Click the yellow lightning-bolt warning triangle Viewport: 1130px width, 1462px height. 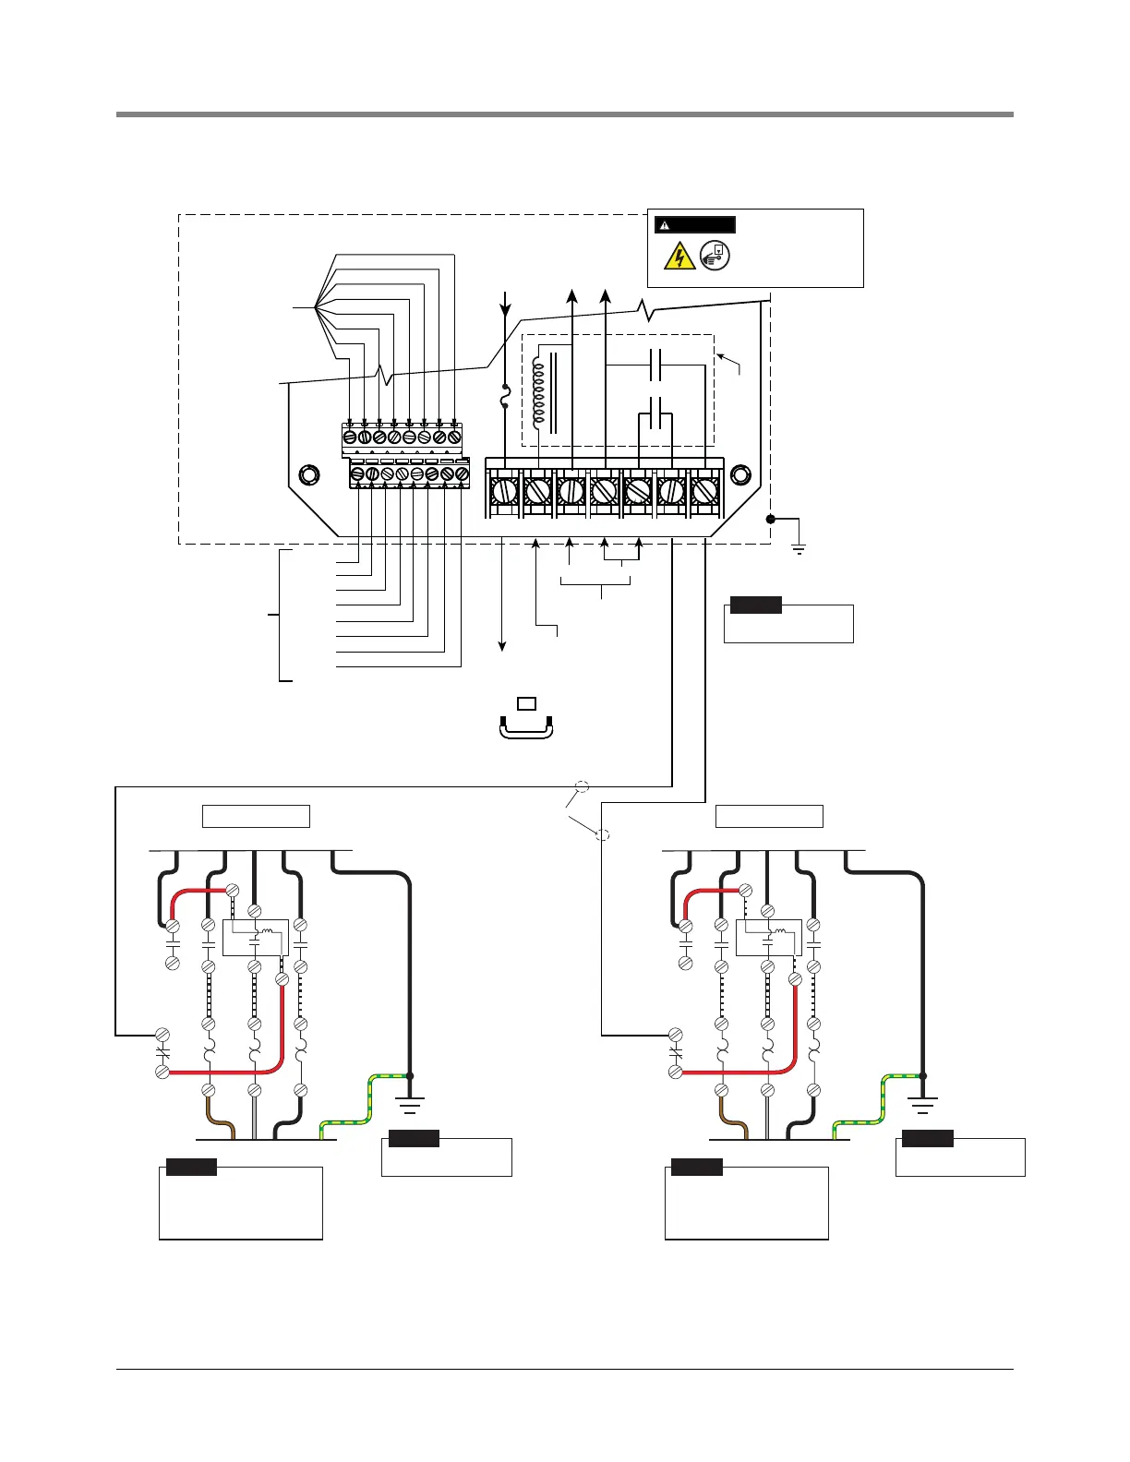679,256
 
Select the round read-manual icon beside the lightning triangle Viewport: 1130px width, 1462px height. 715,256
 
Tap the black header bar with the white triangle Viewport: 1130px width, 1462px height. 694,224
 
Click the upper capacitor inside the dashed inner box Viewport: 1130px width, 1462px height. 655,366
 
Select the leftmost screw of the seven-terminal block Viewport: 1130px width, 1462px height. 504,490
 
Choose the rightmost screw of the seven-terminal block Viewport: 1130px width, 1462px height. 704,490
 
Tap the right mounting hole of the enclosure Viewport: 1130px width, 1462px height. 740,475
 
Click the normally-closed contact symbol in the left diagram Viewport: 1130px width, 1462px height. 162,1053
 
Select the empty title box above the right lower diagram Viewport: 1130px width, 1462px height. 769,816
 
